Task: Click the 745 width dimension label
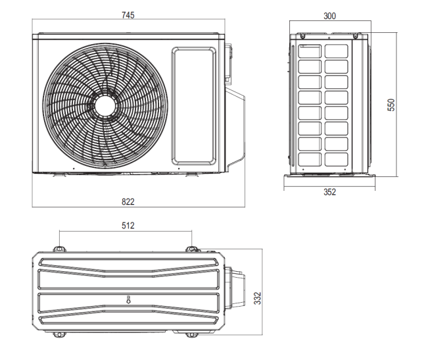click(x=128, y=15)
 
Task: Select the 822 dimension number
click(x=128, y=201)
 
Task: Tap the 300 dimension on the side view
click(x=329, y=16)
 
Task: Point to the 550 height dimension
click(x=391, y=105)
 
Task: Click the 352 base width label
click(x=329, y=192)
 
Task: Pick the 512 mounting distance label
click(x=128, y=226)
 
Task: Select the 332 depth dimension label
click(x=257, y=298)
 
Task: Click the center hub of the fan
click(x=105, y=105)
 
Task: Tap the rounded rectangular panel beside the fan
click(x=193, y=105)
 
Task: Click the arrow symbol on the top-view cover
click(x=128, y=299)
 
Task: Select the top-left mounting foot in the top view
click(x=59, y=249)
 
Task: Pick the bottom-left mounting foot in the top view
click(x=59, y=334)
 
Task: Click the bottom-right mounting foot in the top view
click(x=191, y=335)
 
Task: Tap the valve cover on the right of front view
click(x=235, y=130)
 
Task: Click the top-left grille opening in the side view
click(x=310, y=51)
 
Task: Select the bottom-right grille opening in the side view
click(x=336, y=159)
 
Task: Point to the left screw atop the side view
click(x=302, y=36)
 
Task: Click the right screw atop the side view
click(x=356, y=36)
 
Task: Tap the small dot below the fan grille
click(x=74, y=168)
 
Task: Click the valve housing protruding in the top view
click(x=235, y=288)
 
